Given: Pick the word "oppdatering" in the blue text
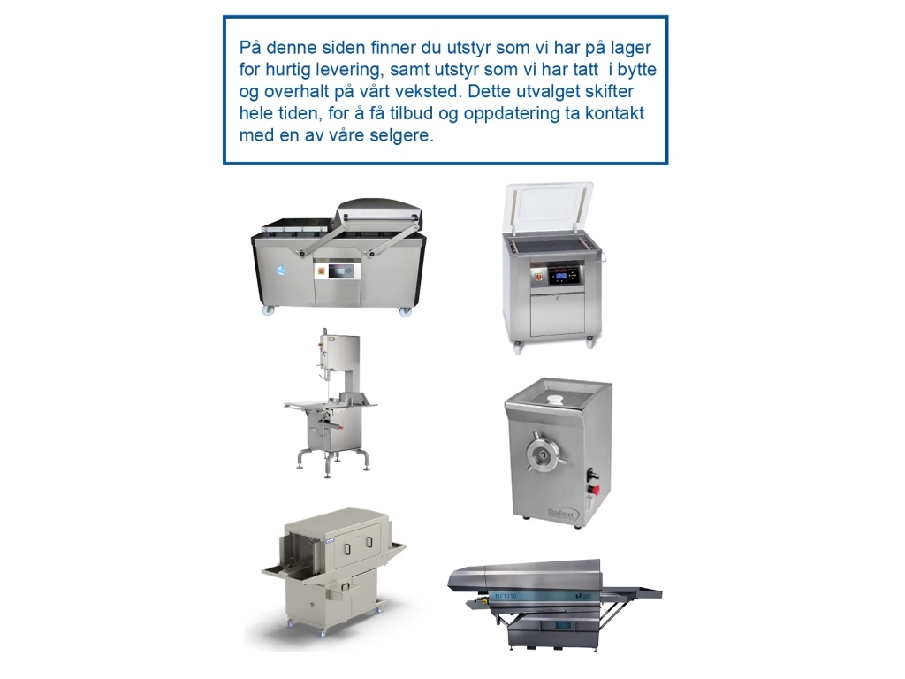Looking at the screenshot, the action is tap(511, 114).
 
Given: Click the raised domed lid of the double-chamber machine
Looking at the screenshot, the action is tap(379, 212).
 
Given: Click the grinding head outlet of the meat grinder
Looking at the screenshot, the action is tap(544, 454).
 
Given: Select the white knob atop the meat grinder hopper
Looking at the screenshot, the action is tap(555, 399).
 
